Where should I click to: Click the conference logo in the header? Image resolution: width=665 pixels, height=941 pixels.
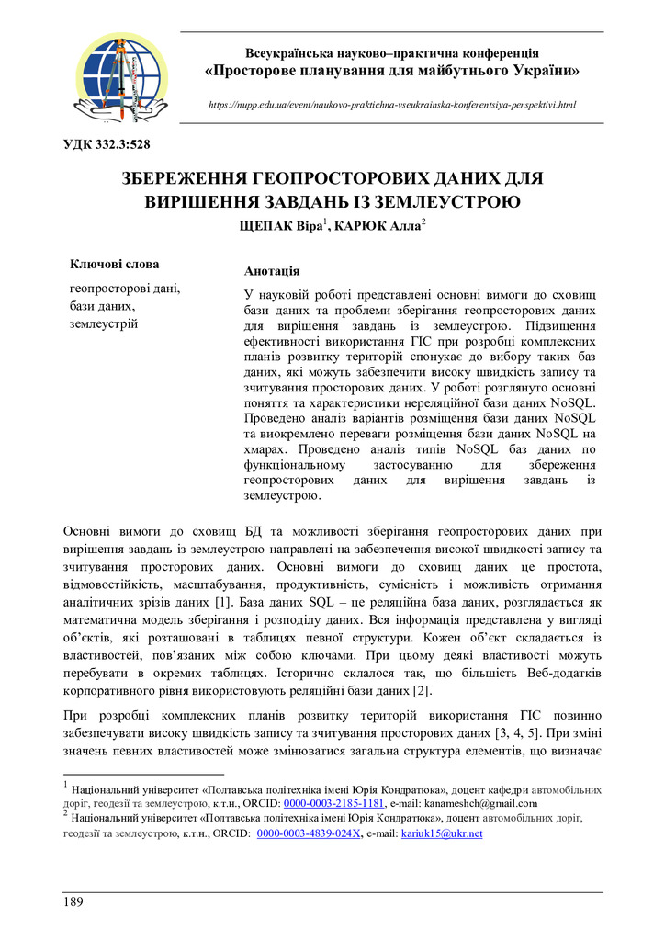tap(121, 77)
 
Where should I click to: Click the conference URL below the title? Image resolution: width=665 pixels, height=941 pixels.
tap(392, 105)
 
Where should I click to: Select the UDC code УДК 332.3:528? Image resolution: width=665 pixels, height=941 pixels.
tap(106, 143)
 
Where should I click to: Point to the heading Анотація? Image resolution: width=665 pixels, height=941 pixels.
tap(271, 272)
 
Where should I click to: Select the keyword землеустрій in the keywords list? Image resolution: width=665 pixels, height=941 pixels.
tap(104, 323)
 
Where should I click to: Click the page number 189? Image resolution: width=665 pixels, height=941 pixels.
tap(73, 902)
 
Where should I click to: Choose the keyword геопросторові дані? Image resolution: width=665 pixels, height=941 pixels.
tap(125, 288)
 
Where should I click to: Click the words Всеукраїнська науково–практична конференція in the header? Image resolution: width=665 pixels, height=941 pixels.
tap(391, 52)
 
